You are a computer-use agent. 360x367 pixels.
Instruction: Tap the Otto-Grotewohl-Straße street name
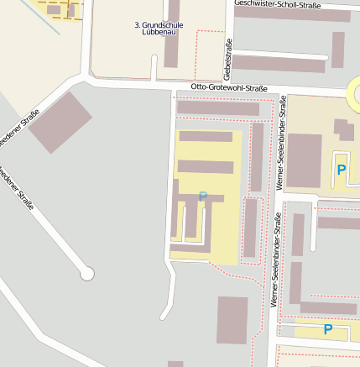[228, 87]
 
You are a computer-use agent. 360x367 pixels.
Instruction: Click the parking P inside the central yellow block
[202, 197]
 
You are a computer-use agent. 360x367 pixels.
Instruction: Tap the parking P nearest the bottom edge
[327, 330]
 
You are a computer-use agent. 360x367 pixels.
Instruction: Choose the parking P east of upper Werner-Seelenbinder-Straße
[341, 170]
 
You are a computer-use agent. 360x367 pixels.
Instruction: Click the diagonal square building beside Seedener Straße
[60, 122]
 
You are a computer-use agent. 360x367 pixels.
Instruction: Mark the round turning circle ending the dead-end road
[86, 273]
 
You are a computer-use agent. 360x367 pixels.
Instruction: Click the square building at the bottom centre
[232, 320]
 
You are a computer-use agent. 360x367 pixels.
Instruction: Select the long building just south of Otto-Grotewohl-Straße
[218, 108]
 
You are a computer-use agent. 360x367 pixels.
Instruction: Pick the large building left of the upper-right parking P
[304, 160]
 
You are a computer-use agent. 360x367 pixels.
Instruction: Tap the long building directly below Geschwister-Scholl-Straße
[291, 15]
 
